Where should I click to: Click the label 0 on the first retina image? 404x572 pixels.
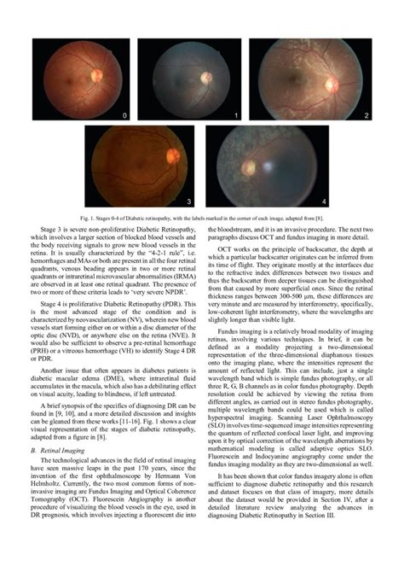pyautogui.click(x=124, y=114)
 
